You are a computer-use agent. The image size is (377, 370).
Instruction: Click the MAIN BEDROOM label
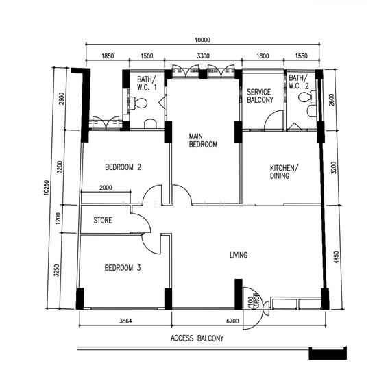pyautogui.click(x=203, y=140)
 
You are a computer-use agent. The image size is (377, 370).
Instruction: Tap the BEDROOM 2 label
pyautogui.click(x=123, y=167)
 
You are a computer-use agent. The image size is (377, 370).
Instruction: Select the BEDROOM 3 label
pyautogui.click(x=123, y=268)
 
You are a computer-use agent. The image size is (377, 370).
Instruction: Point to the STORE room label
pyautogui.click(x=103, y=220)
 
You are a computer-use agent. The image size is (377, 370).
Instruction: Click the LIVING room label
pyautogui.click(x=239, y=255)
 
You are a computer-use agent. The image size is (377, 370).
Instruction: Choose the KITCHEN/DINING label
pyautogui.click(x=284, y=172)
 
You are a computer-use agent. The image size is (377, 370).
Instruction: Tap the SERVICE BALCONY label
pyautogui.click(x=260, y=96)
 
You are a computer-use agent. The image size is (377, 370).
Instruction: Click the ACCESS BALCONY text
pyautogui.click(x=197, y=338)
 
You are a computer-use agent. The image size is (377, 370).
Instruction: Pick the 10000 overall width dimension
pyautogui.click(x=202, y=40)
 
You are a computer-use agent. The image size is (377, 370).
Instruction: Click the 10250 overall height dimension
pyautogui.click(x=47, y=188)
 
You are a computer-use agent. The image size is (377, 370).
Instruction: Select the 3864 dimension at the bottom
pyautogui.click(x=125, y=321)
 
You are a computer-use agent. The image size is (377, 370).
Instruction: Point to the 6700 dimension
pyautogui.click(x=232, y=321)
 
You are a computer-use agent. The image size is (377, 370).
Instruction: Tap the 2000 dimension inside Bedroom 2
pyautogui.click(x=106, y=188)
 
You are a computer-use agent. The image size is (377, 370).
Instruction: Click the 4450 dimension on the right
pyautogui.click(x=337, y=257)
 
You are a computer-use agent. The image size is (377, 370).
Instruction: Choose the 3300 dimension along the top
pyautogui.click(x=204, y=56)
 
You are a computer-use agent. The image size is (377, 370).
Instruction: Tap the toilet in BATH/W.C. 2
pyautogui.click(x=307, y=97)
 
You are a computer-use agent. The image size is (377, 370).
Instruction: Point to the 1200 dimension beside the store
pyautogui.click(x=58, y=219)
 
